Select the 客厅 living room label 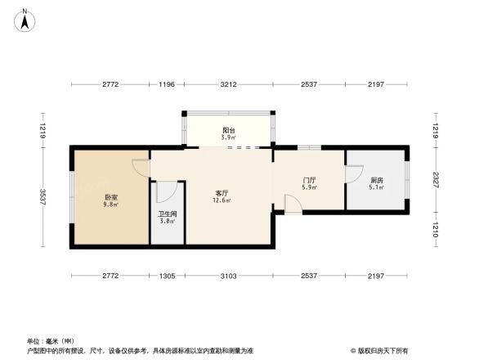222,193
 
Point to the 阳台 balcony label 230,129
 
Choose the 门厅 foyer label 309,180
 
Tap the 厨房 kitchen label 376,180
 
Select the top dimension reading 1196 168,84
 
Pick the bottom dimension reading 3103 229,277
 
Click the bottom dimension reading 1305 168,277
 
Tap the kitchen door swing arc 352,173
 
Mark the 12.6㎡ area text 222,200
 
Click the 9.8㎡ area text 111,205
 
